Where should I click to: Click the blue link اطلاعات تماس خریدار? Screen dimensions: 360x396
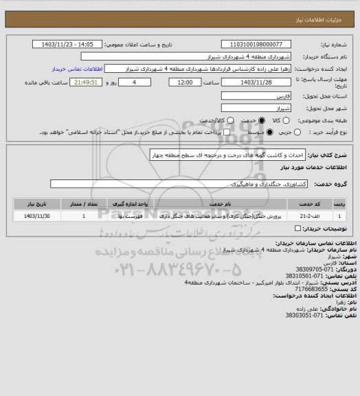[77, 69]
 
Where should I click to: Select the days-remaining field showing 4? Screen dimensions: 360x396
[132, 82]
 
